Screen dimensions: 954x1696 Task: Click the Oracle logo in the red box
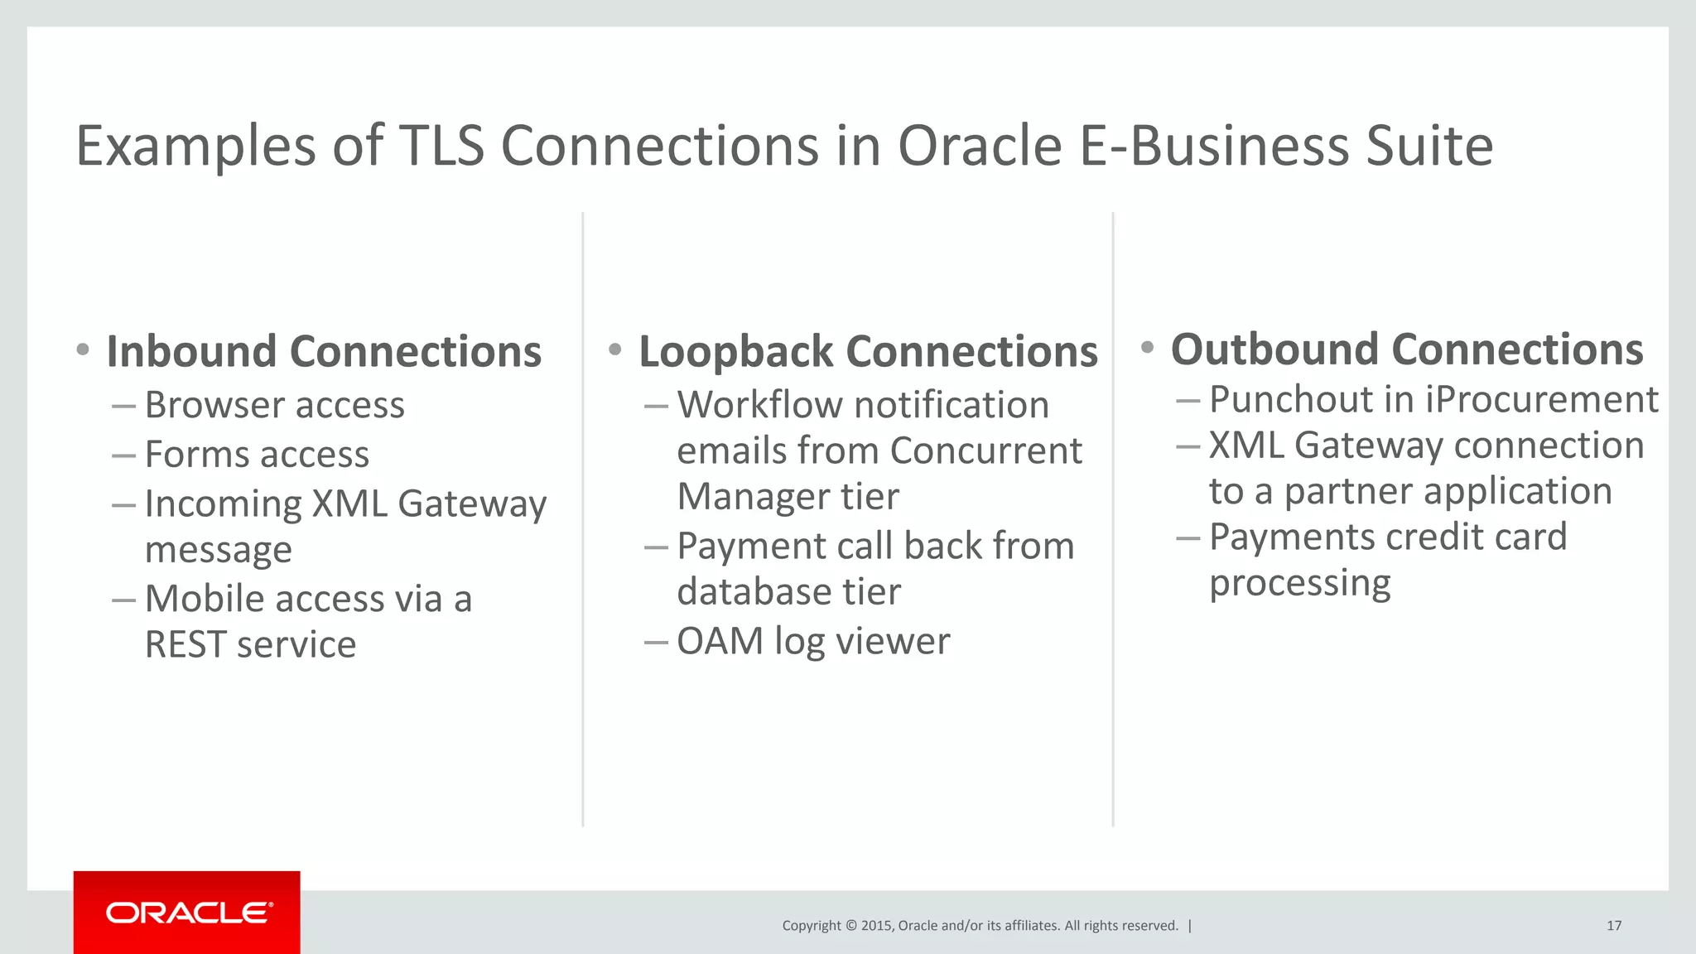pos(188,913)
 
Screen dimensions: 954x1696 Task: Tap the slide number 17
pos(1613,926)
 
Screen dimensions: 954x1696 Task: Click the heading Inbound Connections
pos(324,352)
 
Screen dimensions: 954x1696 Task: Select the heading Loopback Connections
pos(868,352)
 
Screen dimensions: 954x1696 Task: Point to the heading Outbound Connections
pos(1406,349)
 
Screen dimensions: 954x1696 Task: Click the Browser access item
pos(274,406)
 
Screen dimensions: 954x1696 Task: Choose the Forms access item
pos(257,455)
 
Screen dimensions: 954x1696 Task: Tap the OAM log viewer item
pos(813,642)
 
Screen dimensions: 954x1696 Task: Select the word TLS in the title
pos(441,147)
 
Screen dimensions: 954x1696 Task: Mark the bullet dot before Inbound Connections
pos(82,349)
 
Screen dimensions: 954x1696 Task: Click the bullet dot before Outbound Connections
pos(1147,347)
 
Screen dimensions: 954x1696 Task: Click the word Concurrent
pos(985,451)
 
